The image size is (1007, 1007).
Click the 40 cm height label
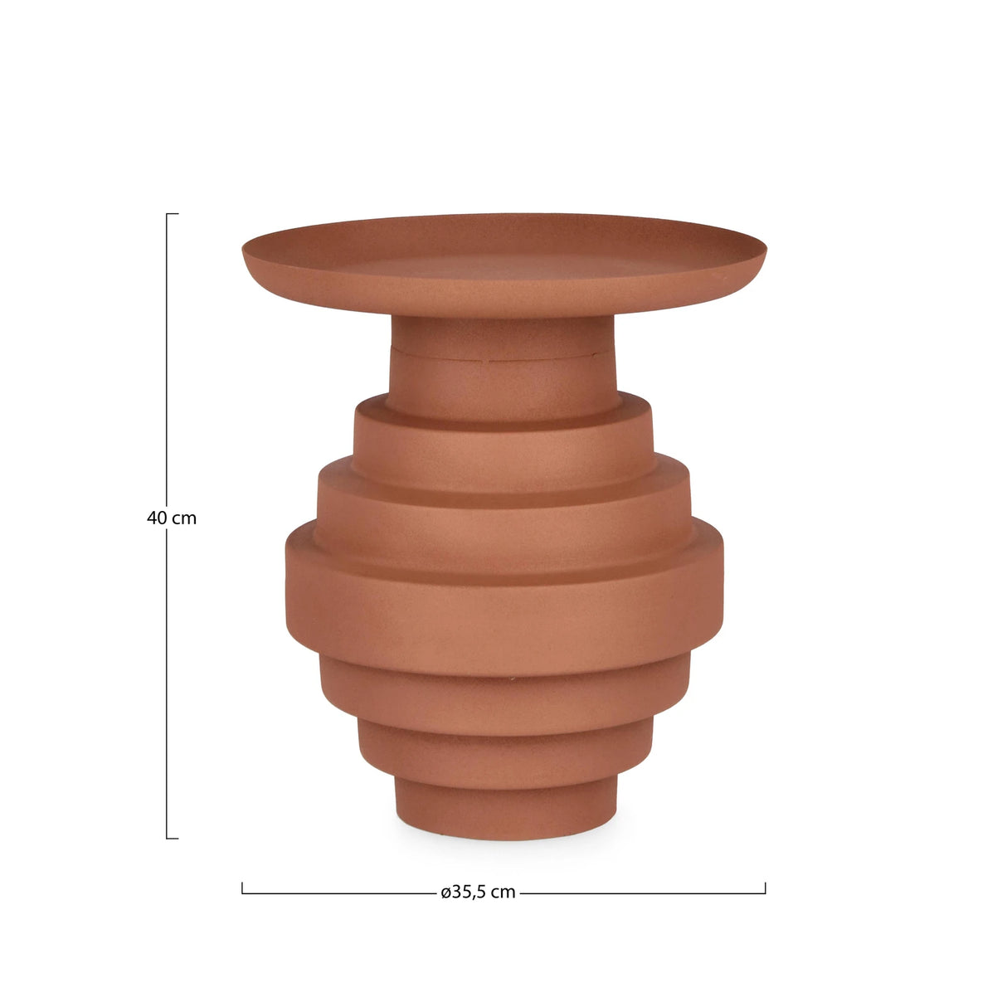[172, 518]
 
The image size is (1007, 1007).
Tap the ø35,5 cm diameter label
[478, 893]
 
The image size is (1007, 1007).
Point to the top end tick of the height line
[172, 214]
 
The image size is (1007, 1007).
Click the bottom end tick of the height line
[172, 838]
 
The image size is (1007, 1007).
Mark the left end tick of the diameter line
[242, 888]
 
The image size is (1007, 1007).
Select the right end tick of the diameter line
[765, 888]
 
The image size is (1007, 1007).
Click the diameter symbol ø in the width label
[445, 893]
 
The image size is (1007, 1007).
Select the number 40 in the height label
[157, 518]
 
